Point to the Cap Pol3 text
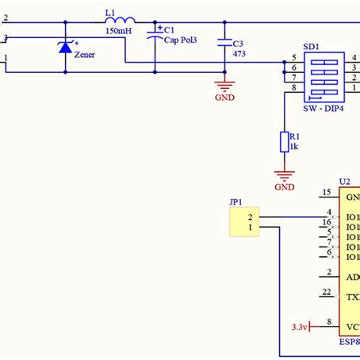(181, 40)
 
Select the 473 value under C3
(239, 57)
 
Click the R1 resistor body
(285, 143)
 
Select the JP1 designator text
(236, 202)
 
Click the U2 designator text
(345, 182)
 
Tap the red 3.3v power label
(301, 327)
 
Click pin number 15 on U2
(327, 193)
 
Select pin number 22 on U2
(327, 293)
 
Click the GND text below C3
(225, 98)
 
